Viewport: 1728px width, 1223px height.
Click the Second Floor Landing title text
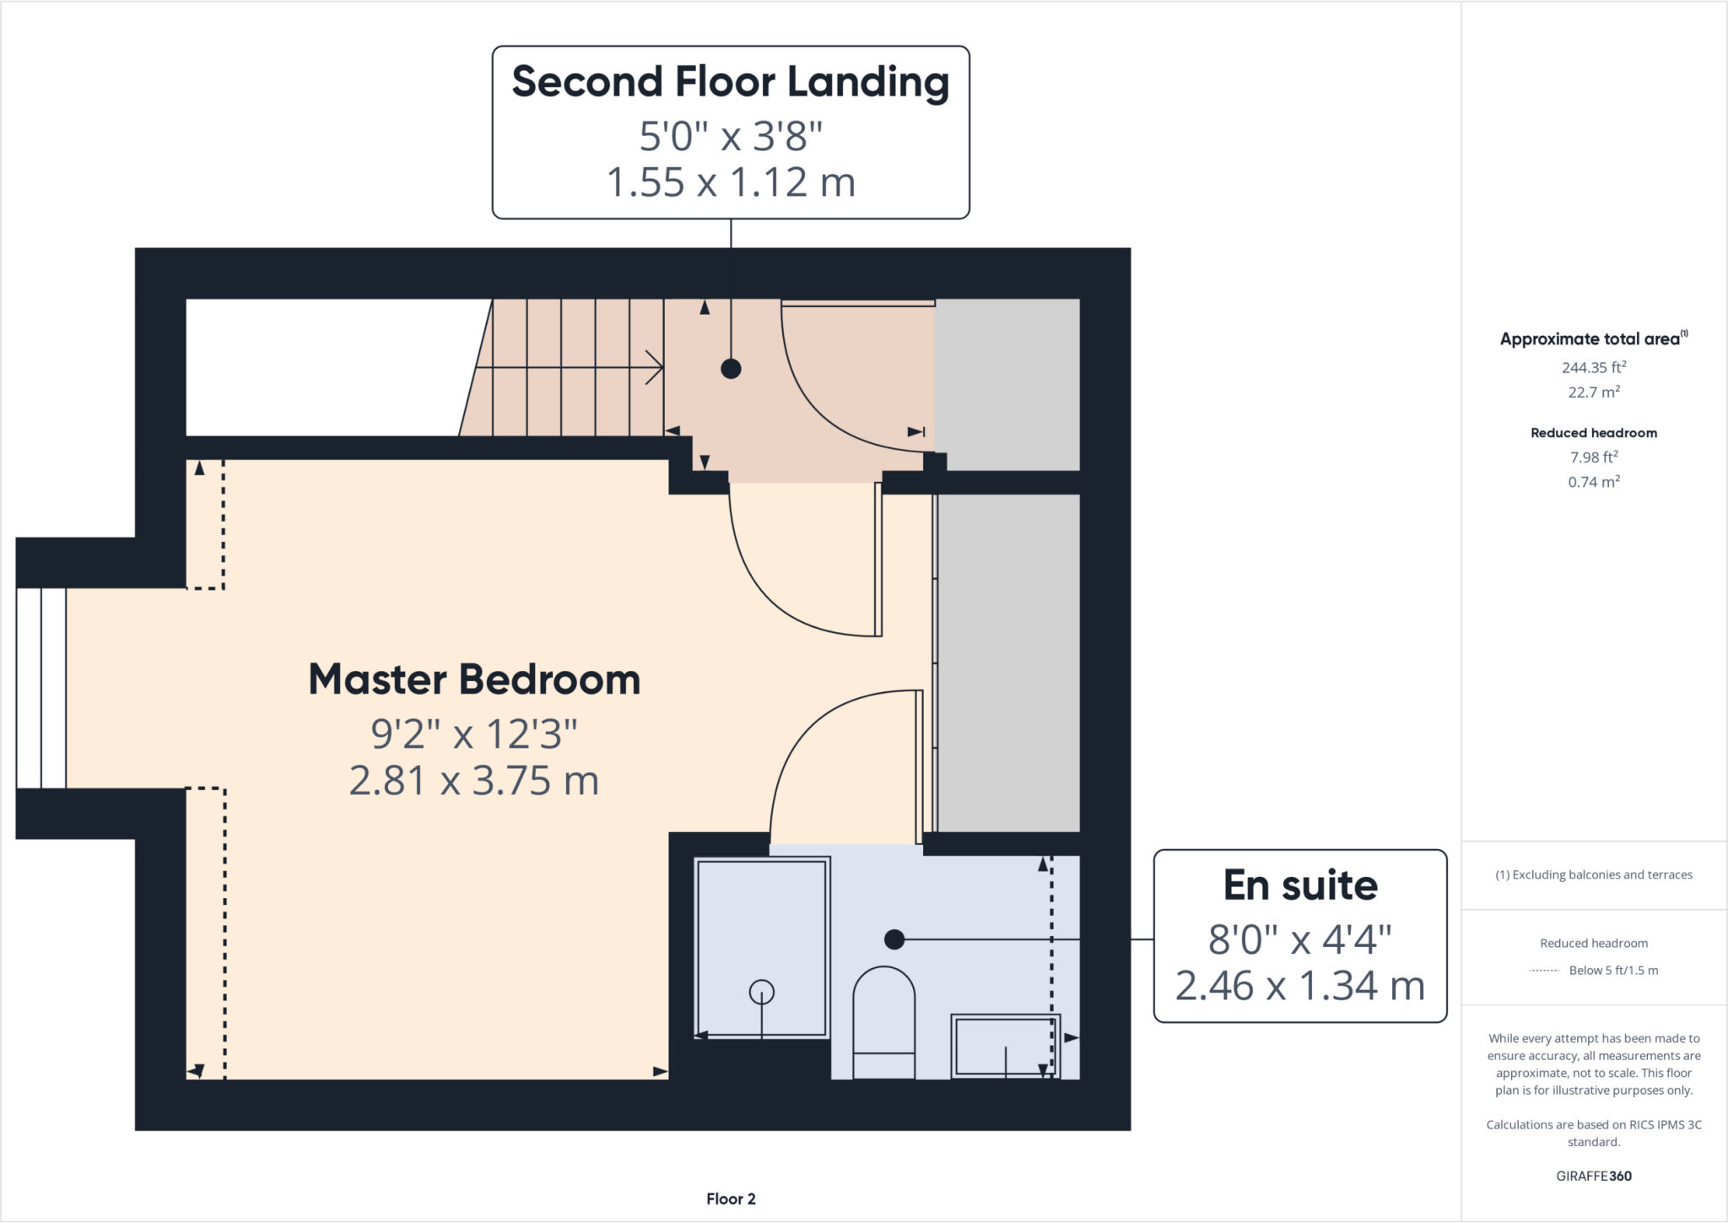[730, 83]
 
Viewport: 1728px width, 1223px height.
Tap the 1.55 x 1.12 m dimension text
[730, 182]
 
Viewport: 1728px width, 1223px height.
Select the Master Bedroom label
[474, 679]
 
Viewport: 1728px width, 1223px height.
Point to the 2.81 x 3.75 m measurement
[474, 781]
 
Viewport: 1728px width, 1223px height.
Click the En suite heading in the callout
[1300, 885]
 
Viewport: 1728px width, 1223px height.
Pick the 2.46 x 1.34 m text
[1300, 986]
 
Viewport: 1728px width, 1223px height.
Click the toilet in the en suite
[883, 1021]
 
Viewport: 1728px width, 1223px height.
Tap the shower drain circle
[762, 992]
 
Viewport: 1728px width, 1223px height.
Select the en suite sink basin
[1004, 1046]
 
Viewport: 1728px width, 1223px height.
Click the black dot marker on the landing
[731, 369]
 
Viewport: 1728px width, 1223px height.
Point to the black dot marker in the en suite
[894, 939]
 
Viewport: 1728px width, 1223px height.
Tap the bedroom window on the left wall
[41, 688]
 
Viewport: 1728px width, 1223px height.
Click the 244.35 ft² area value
[1593, 367]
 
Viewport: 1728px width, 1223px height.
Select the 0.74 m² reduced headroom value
[1593, 482]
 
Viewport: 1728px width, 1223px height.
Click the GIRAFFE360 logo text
[1593, 1176]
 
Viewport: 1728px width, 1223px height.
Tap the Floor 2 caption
[731, 1199]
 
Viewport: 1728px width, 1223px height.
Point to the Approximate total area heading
[1590, 339]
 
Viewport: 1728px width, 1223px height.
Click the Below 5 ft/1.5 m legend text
[1612, 971]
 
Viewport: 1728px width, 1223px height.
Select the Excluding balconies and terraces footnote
[1594, 874]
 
